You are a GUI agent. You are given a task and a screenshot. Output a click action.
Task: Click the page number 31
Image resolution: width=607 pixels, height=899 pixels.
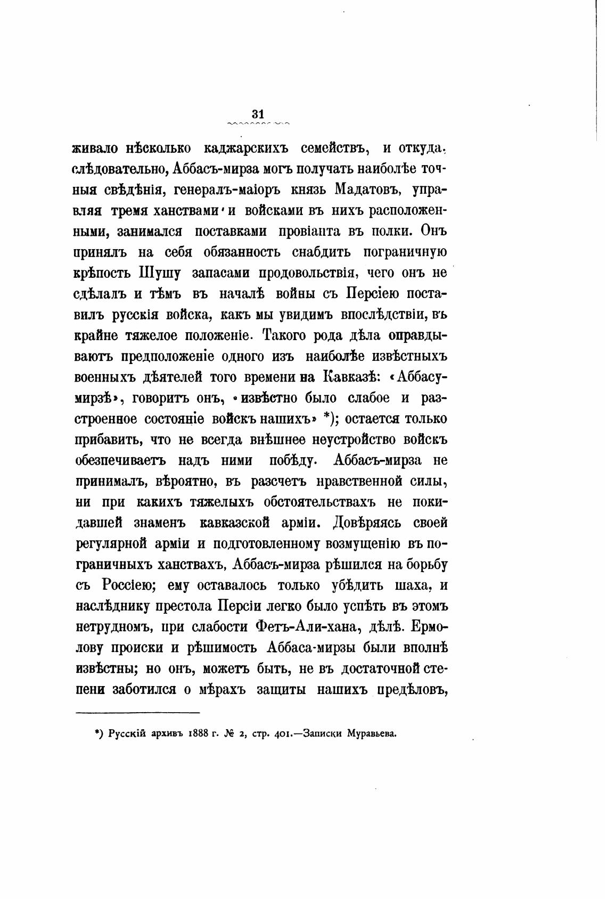tap(258, 113)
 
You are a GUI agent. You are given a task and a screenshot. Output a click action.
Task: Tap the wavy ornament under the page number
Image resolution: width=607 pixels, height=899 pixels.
tap(258, 124)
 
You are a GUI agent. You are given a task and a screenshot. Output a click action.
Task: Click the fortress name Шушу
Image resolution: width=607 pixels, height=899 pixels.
tap(160, 273)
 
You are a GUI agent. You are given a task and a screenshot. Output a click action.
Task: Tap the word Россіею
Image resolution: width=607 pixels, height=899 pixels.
tap(127, 585)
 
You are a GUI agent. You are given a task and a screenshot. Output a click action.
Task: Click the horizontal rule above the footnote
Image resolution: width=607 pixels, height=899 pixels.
tap(138, 712)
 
